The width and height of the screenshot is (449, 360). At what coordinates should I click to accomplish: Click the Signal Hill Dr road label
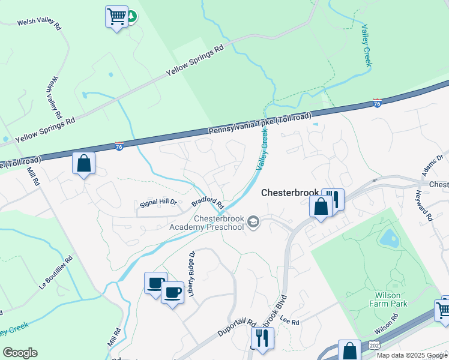point(158,203)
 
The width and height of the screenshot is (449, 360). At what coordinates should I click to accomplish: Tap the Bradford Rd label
point(208,206)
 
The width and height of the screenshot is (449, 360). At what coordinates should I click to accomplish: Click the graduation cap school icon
point(254,222)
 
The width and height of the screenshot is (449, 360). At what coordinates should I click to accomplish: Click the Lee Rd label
point(289,322)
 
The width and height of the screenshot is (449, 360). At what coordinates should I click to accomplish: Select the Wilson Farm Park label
point(391,299)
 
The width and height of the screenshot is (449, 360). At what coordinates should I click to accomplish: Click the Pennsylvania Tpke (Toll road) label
point(260,123)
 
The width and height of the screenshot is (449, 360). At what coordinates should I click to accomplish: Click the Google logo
point(20,353)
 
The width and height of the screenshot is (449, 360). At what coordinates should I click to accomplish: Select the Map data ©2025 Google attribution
point(412,355)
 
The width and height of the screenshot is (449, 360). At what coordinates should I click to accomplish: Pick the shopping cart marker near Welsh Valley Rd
point(116,16)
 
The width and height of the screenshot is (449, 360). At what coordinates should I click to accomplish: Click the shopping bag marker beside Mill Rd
point(83,163)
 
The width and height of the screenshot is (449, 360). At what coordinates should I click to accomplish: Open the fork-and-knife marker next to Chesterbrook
point(334,199)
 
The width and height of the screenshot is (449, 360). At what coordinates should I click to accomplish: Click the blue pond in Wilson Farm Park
point(389,238)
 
